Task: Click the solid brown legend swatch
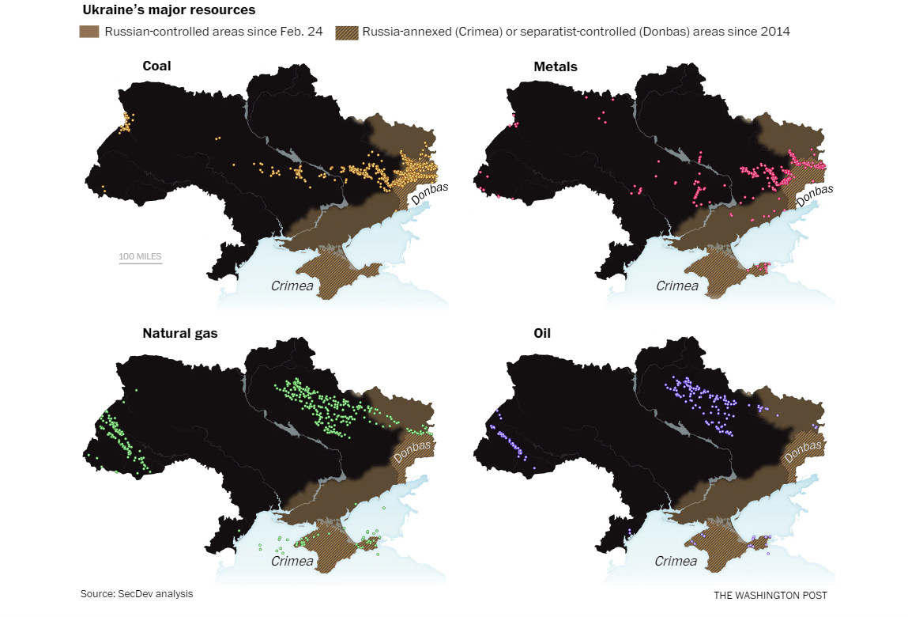coord(89,32)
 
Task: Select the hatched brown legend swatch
coord(346,32)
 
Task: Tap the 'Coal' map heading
coord(156,66)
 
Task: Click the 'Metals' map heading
coord(556,66)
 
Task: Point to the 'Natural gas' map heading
coord(179,333)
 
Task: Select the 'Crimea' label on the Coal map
coord(292,286)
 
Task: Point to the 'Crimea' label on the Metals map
coord(677,286)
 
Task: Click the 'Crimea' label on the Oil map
coord(676,561)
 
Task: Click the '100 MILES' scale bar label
coord(140,256)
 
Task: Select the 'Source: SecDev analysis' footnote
coord(136,593)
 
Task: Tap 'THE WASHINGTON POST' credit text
coord(770,595)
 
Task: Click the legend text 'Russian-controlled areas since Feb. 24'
coord(213,32)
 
